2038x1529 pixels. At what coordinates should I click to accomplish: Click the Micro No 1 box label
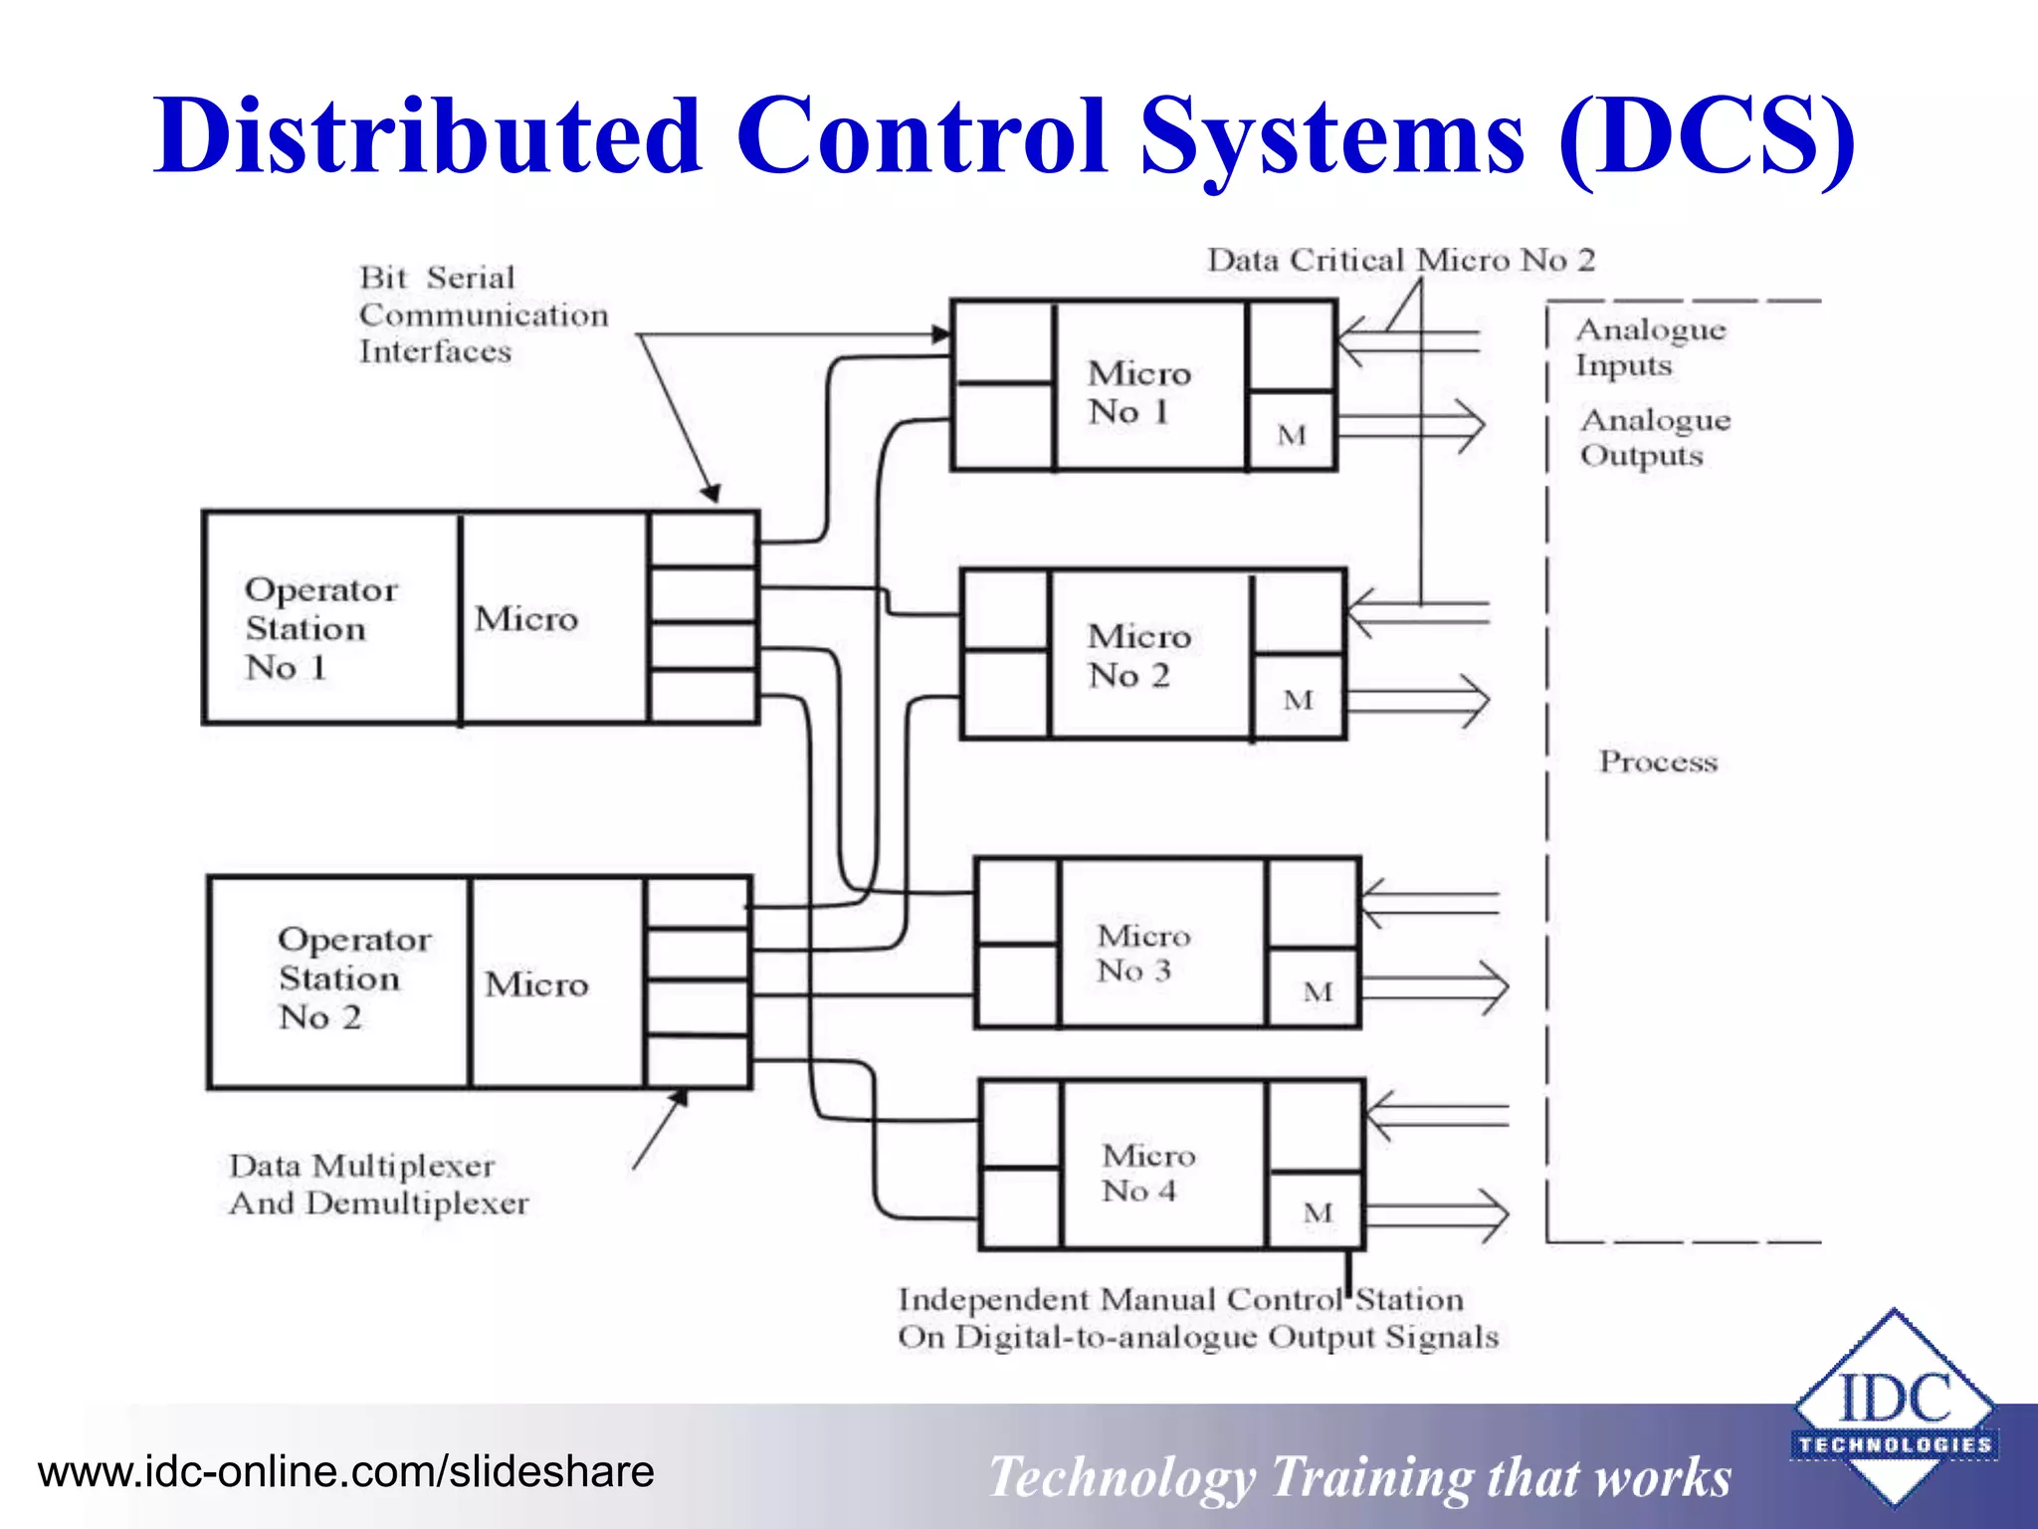tap(1138, 392)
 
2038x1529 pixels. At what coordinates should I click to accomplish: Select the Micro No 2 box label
tap(1138, 656)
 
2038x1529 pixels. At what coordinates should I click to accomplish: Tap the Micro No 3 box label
tap(1142, 953)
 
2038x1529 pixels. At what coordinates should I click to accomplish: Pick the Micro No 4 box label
tap(1147, 1173)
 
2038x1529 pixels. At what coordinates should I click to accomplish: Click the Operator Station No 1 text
tap(319, 628)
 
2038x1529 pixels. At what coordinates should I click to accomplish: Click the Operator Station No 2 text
tap(353, 978)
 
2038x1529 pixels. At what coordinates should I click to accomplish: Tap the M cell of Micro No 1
tap(1291, 435)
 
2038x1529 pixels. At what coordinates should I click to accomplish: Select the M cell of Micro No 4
tap(1317, 1212)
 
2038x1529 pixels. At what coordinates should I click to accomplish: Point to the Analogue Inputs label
tap(1649, 347)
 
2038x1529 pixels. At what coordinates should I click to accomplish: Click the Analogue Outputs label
tap(1654, 437)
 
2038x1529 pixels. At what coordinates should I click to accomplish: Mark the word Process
tap(1658, 762)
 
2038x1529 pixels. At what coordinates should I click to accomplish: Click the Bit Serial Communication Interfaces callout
tap(483, 315)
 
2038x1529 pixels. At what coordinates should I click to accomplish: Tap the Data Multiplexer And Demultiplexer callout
tap(377, 1185)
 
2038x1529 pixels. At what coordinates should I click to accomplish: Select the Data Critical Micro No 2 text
tap(1400, 261)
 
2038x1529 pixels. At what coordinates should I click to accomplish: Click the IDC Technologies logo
tap(1894, 1409)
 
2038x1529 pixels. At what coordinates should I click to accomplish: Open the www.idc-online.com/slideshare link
tap(345, 1471)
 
